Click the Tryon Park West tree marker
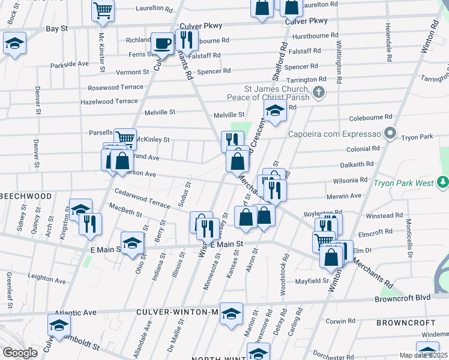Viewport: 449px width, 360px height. (442, 181)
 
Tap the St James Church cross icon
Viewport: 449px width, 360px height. (319, 92)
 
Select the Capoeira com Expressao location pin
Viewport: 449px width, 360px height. (391, 133)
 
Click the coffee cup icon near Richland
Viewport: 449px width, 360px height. (161, 43)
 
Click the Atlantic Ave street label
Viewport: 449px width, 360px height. (76, 313)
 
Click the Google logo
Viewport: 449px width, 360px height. (20, 353)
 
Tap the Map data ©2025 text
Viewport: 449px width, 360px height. (423, 355)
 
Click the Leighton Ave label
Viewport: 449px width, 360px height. (46, 277)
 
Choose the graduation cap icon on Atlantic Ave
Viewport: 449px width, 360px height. (59, 325)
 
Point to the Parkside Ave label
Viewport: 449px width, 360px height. (69, 64)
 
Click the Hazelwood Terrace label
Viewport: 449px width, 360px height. (109, 101)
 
